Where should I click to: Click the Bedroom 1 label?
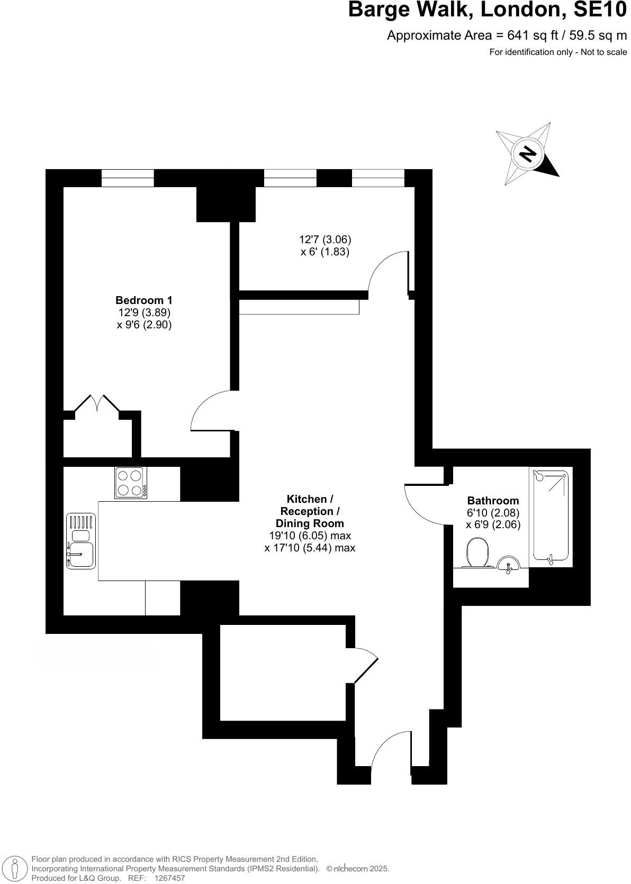(x=144, y=300)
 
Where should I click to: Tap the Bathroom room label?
(x=493, y=501)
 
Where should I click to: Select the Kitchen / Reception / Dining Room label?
(x=310, y=511)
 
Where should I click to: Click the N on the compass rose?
(x=528, y=153)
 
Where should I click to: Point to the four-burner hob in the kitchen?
(x=131, y=483)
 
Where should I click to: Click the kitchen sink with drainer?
(x=81, y=541)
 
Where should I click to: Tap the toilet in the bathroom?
(x=477, y=553)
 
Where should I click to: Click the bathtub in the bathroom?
(x=551, y=515)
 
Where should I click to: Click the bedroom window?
(x=128, y=178)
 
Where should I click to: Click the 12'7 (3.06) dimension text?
(x=325, y=240)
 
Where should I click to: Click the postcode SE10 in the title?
(x=600, y=10)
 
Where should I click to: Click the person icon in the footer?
(x=16, y=869)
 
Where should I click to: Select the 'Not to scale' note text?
(x=603, y=52)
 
